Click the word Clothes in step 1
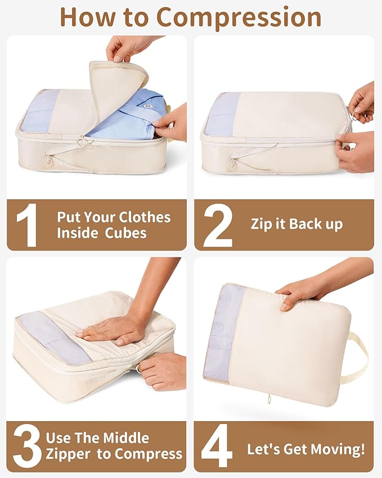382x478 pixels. point(143,218)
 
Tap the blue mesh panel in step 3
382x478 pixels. point(53,338)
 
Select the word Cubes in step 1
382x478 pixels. point(125,233)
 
